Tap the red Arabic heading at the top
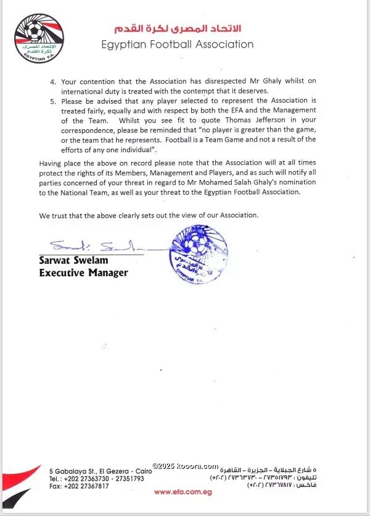coord(178,29)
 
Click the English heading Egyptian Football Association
coord(178,44)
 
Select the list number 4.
coord(53,81)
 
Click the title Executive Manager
coord(83,273)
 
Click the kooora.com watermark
coord(186,467)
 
